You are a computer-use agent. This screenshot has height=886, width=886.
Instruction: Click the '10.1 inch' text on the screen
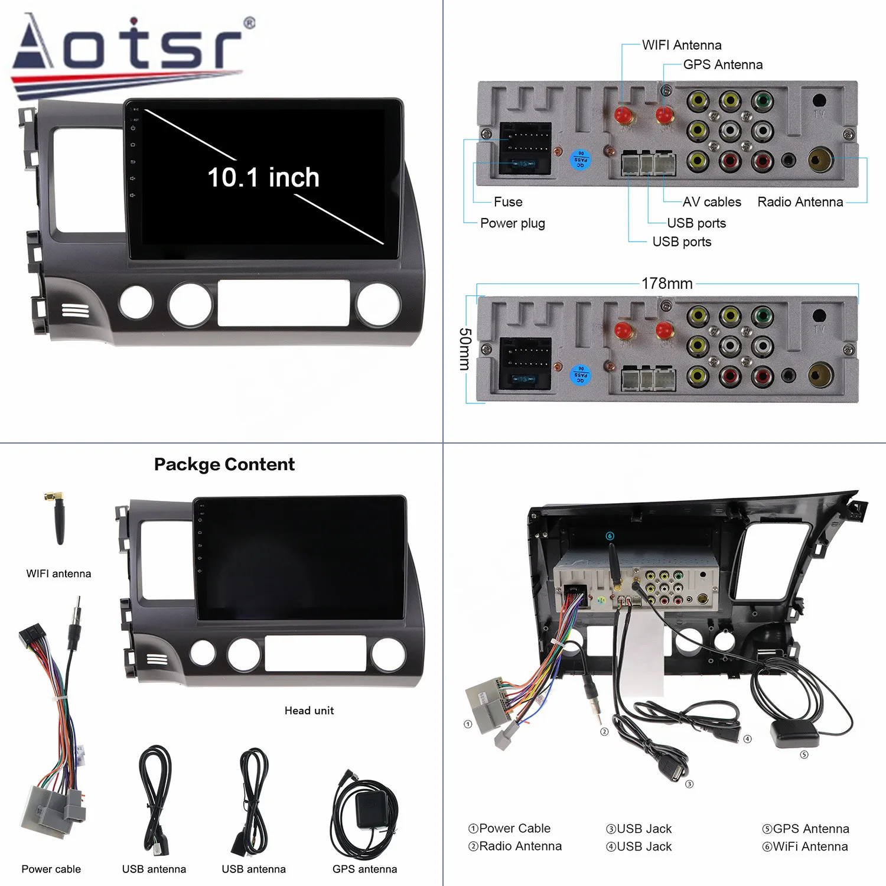263,177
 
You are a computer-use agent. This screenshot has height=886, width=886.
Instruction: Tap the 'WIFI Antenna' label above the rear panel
682,45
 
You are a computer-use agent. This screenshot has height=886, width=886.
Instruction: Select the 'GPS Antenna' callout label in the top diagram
722,64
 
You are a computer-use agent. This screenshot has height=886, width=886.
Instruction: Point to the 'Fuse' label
508,202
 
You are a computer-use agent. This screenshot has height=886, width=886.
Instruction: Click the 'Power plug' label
512,223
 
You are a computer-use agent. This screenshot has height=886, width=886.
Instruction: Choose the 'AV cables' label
712,202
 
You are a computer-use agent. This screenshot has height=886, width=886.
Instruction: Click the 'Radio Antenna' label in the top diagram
800,202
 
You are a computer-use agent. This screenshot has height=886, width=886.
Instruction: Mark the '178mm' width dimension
667,284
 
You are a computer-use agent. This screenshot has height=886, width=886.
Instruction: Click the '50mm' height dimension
465,349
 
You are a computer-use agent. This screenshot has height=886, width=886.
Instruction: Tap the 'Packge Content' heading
224,464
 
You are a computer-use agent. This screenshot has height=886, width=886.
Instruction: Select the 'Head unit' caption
309,711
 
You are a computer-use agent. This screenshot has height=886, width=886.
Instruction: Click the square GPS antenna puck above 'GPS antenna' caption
372,809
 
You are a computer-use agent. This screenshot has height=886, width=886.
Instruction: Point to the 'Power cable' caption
51,869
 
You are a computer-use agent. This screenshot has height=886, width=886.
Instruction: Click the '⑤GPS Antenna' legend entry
805,829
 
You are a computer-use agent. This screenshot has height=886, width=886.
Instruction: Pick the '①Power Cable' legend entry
509,828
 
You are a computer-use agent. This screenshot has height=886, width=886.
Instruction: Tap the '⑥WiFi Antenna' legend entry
804,846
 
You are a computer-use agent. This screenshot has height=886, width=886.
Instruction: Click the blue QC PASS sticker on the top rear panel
581,159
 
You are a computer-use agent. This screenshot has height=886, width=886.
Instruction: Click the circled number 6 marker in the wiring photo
610,536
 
